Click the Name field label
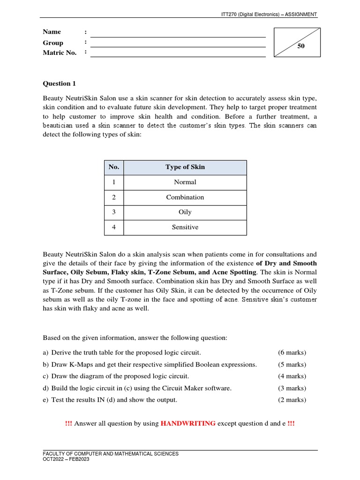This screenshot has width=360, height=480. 52,32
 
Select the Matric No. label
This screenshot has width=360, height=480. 60,52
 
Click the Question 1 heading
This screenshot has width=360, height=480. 59,83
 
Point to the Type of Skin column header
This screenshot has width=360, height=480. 185,167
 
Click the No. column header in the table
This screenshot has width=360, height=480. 114,167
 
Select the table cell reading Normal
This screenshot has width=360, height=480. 185,182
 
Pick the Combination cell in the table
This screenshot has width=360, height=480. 185,197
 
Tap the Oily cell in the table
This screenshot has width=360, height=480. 185,212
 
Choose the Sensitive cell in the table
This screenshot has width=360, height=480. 185,227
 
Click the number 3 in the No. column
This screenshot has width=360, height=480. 114,212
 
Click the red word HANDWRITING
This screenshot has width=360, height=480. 188,423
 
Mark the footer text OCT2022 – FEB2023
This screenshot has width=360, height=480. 66,459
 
